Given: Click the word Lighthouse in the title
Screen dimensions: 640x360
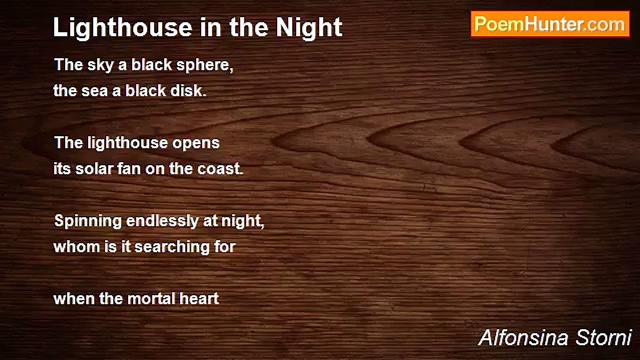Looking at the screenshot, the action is point(122,27).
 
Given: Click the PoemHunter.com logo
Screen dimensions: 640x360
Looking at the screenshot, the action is point(550,24).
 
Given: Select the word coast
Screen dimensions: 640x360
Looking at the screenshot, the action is point(220,168).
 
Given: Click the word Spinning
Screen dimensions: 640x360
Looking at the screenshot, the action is point(88,221).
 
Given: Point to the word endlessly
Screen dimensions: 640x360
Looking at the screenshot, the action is point(162,221).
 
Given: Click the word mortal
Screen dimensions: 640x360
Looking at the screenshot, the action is point(151,299).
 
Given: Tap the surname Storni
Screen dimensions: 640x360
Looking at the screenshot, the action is point(603,337).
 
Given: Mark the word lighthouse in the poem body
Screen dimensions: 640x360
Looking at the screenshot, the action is point(127,143).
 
